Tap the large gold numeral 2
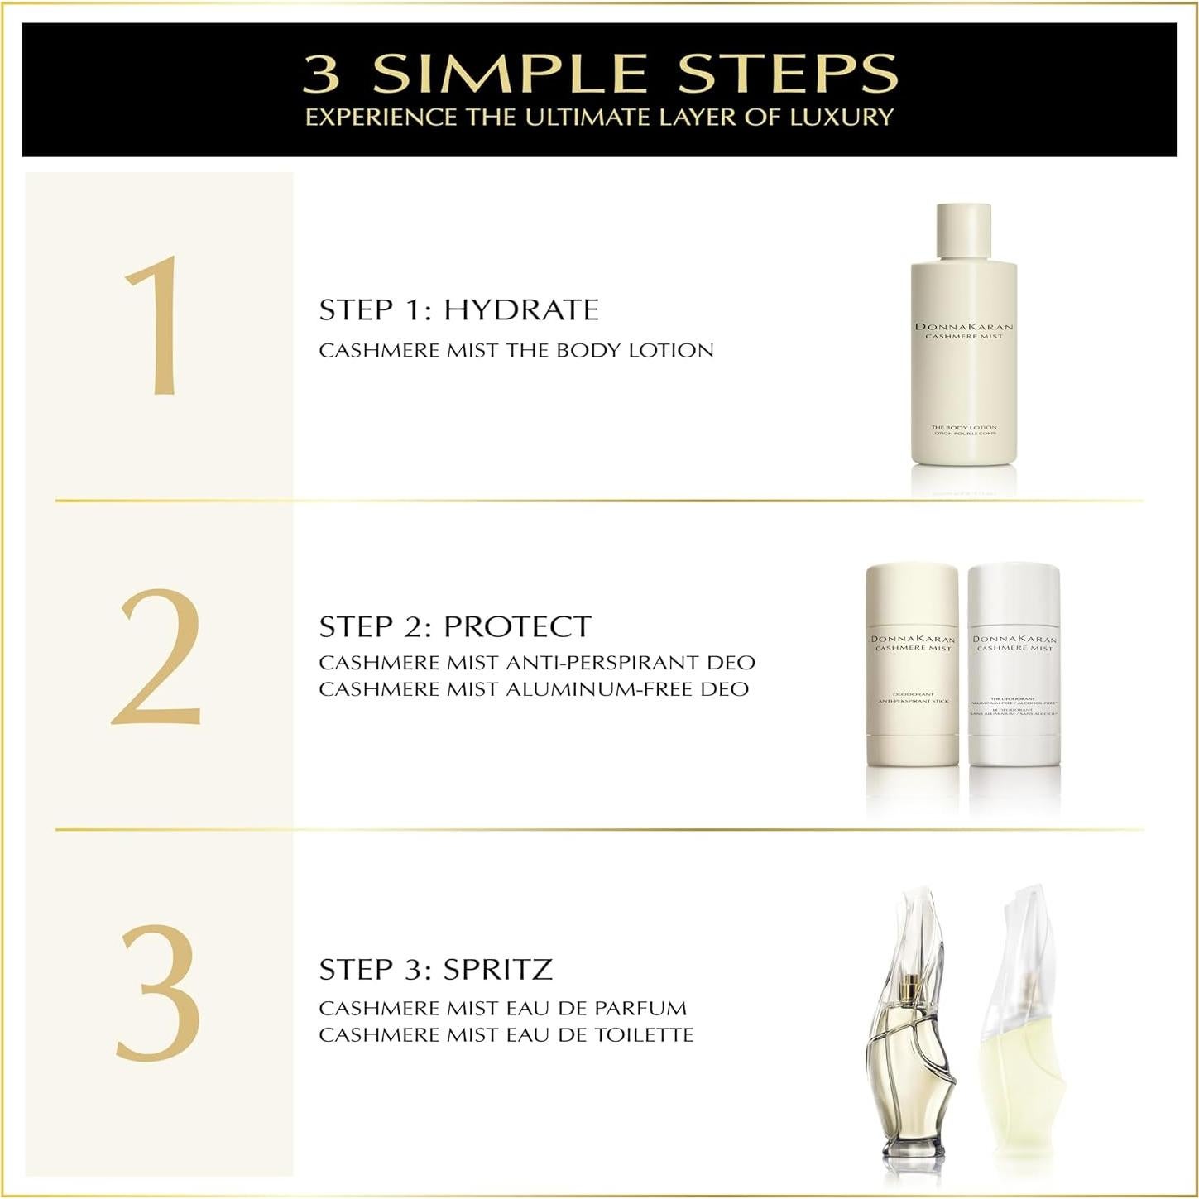157,658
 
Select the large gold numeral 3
158,992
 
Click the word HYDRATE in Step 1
520,310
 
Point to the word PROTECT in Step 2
517,626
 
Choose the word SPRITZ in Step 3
497,969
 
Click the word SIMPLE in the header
509,74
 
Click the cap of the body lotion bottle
963,230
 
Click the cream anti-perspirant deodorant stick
912,664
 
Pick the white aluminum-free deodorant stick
1014,664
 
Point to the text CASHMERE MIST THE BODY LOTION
516,350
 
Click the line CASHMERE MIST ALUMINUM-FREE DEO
534,689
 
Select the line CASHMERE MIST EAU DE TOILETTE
506,1034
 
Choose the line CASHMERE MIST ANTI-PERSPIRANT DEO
536,663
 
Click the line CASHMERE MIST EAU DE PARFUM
502,1008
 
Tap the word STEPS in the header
787,74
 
